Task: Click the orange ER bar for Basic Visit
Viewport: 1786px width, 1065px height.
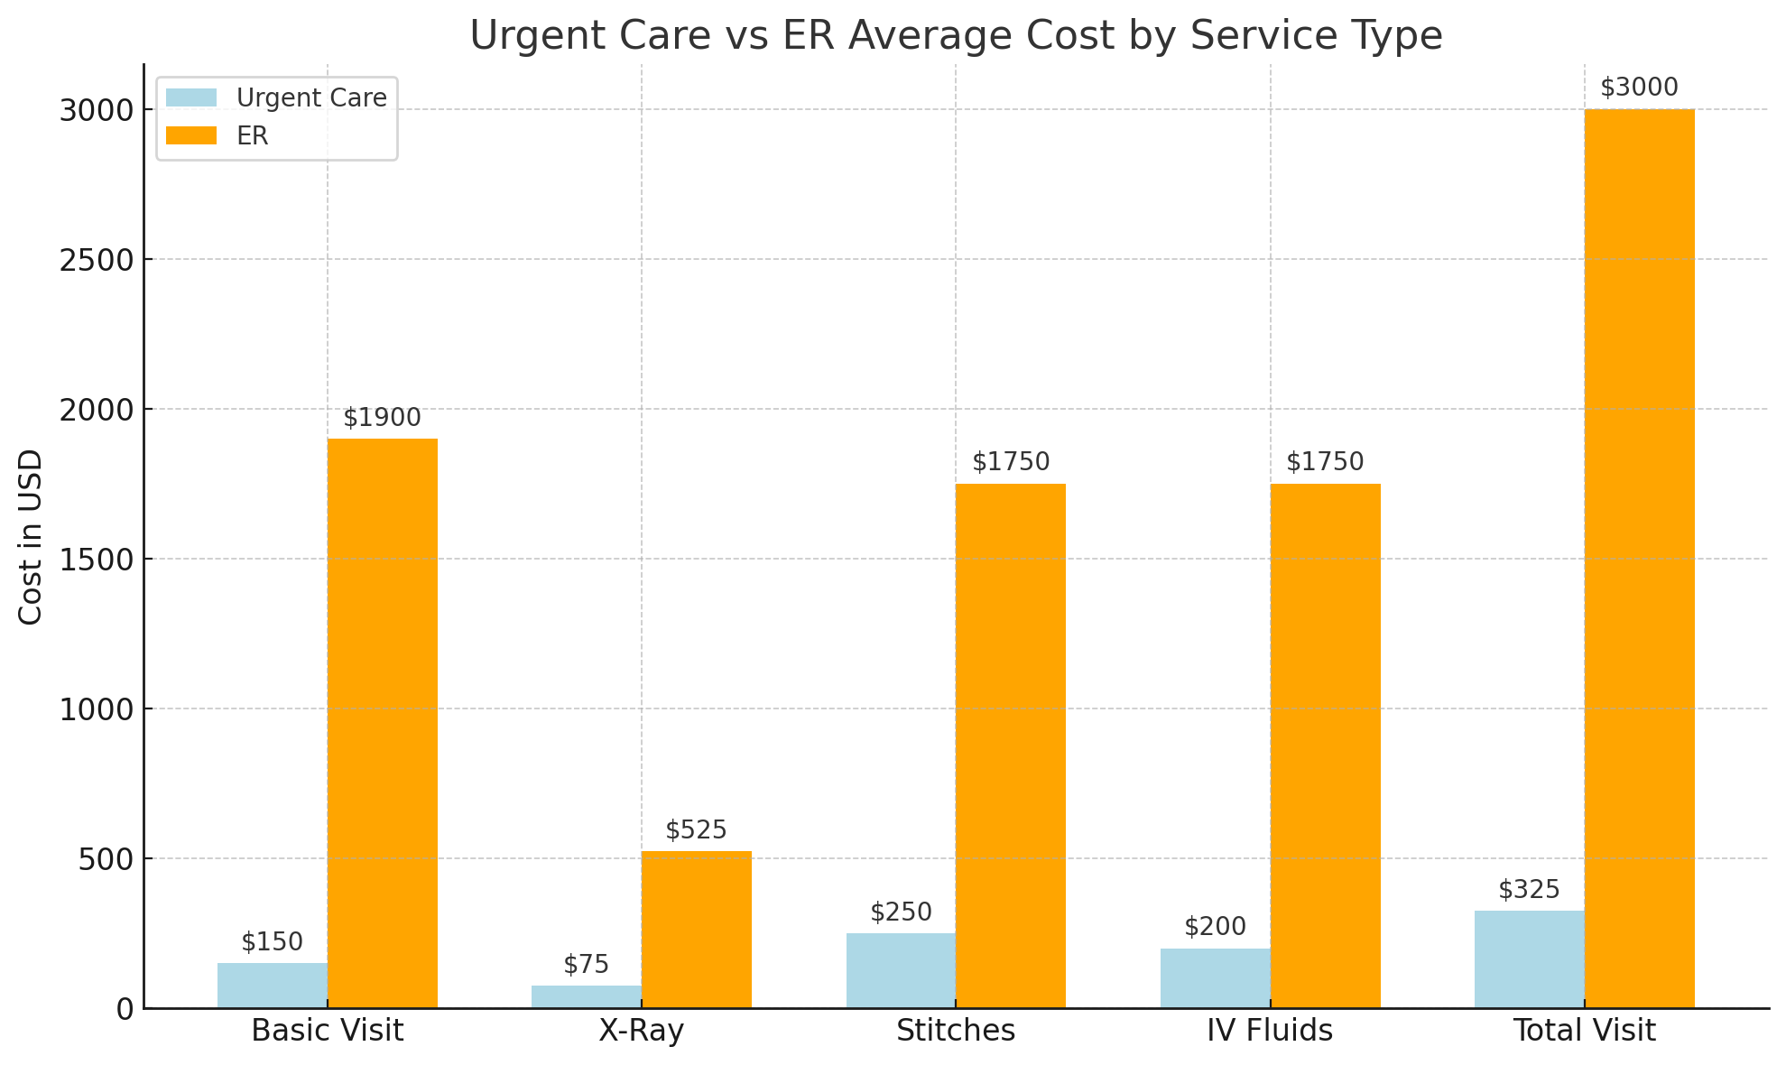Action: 383,722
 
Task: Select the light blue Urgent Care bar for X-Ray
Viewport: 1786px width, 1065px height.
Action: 587,996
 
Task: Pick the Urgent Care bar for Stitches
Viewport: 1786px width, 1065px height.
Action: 901,970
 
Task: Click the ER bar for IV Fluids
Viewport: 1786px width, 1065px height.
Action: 1325,745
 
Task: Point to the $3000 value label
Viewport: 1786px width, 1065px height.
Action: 1639,88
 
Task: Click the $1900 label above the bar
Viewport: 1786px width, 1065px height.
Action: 383,418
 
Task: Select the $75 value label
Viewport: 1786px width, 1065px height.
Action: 587,965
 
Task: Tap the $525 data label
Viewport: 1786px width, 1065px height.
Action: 696,830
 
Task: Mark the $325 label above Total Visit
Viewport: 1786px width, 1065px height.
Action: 1529,890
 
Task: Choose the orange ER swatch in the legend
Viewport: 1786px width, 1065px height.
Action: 191,135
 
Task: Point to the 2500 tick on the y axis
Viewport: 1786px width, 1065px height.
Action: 97,260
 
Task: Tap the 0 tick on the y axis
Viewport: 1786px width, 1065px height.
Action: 125,1009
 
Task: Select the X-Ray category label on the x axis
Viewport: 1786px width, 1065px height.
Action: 641,1031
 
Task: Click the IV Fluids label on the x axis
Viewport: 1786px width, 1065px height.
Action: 1270,1031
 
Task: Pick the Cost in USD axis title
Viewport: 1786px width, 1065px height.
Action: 31,536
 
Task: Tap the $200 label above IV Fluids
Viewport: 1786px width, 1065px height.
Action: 1215,927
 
